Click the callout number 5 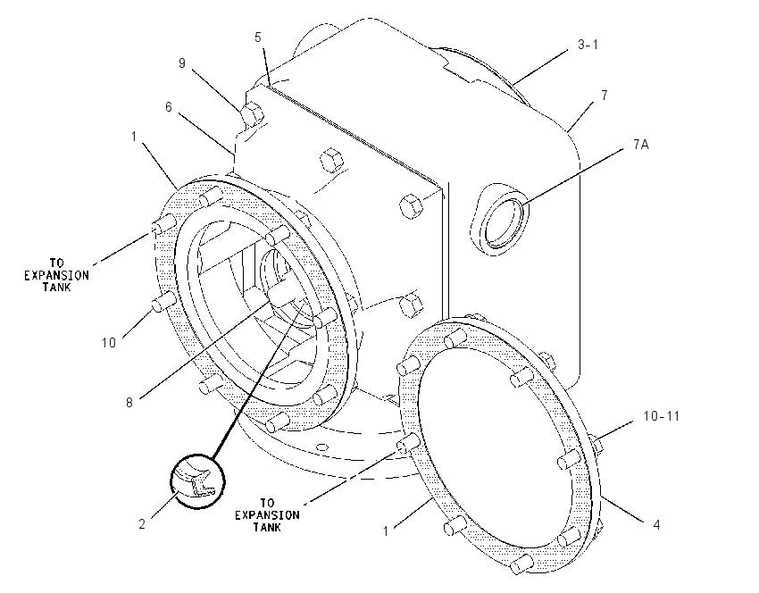[258, 38]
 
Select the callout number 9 [182, 63]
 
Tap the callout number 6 [169, 107]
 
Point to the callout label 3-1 [588, 45]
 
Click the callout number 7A [641, 145]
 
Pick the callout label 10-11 [661, 416]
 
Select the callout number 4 [656, 525]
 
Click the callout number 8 [129, 403]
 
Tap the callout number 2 [142, 523]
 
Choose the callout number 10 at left [109, 343]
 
